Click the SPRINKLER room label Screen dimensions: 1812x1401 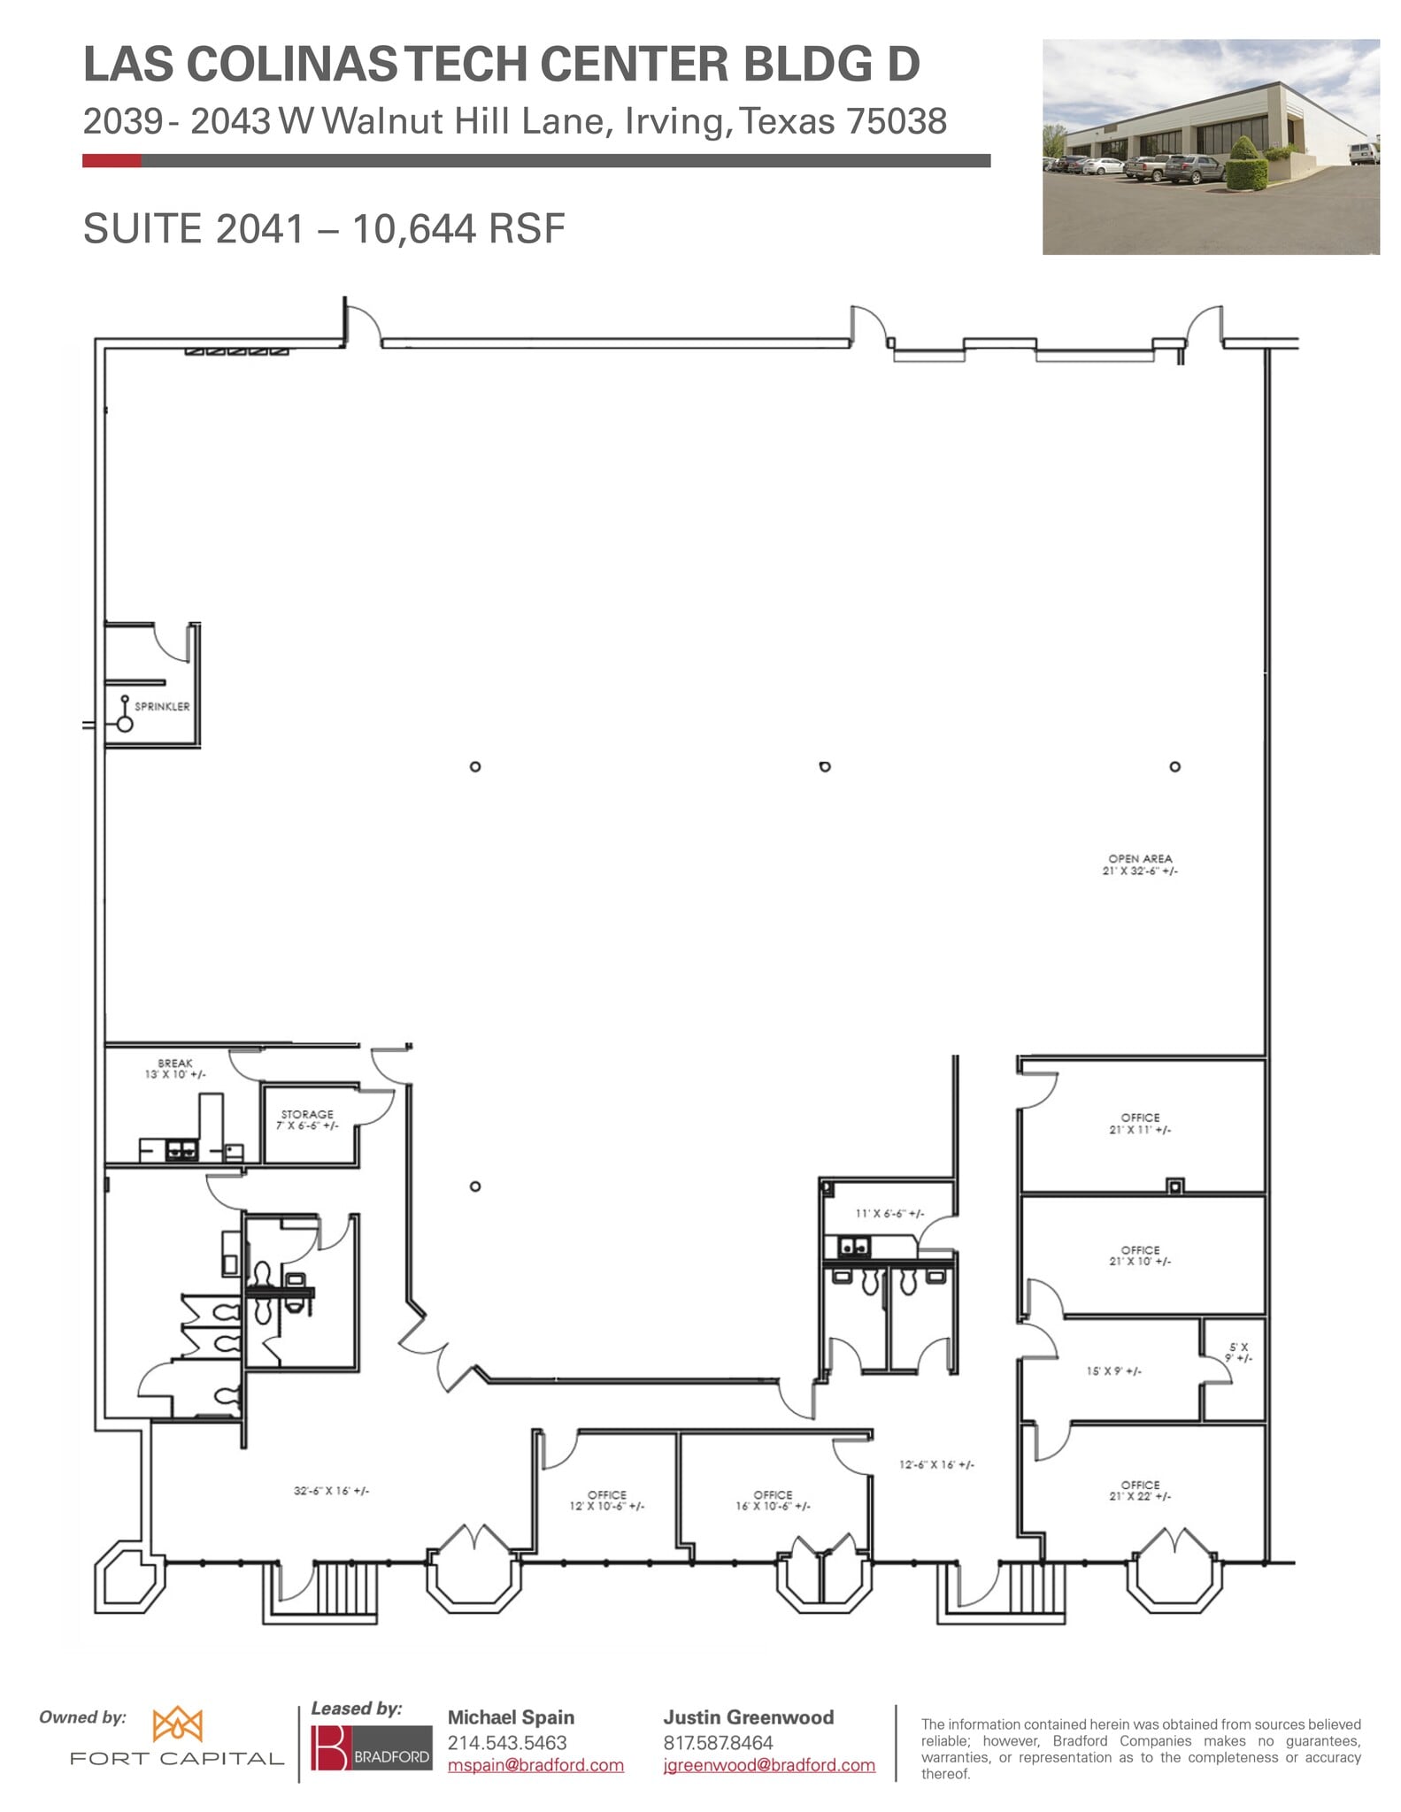(162, 706)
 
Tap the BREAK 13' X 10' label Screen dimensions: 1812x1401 (175, 1069)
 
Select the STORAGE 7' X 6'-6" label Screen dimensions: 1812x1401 (307, 1119)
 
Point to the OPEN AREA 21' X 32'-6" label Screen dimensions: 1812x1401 (1140, 864)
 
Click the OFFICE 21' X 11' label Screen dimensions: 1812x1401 (1140, 1124)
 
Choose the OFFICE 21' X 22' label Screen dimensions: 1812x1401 (1140, 1491)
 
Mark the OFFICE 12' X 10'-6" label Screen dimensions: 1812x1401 (607, 1501)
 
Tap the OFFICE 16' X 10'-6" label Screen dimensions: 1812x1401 (773, 1501)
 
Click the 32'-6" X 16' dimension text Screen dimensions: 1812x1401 (331, 1491)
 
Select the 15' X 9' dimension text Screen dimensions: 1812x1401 (1113, 1371)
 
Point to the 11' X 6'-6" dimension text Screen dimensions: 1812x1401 (889, 1214)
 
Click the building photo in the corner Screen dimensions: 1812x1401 (1210, 147)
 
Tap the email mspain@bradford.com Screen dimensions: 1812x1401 (535, 1765)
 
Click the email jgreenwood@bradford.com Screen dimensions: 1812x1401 (769, 1765)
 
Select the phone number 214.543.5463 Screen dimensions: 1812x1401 (506, 1743)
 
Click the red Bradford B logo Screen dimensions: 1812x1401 (330, 1748)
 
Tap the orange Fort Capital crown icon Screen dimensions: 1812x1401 (177, 1724)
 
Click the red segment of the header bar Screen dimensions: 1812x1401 (112, 161)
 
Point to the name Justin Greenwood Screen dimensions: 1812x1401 (748, 1717)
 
